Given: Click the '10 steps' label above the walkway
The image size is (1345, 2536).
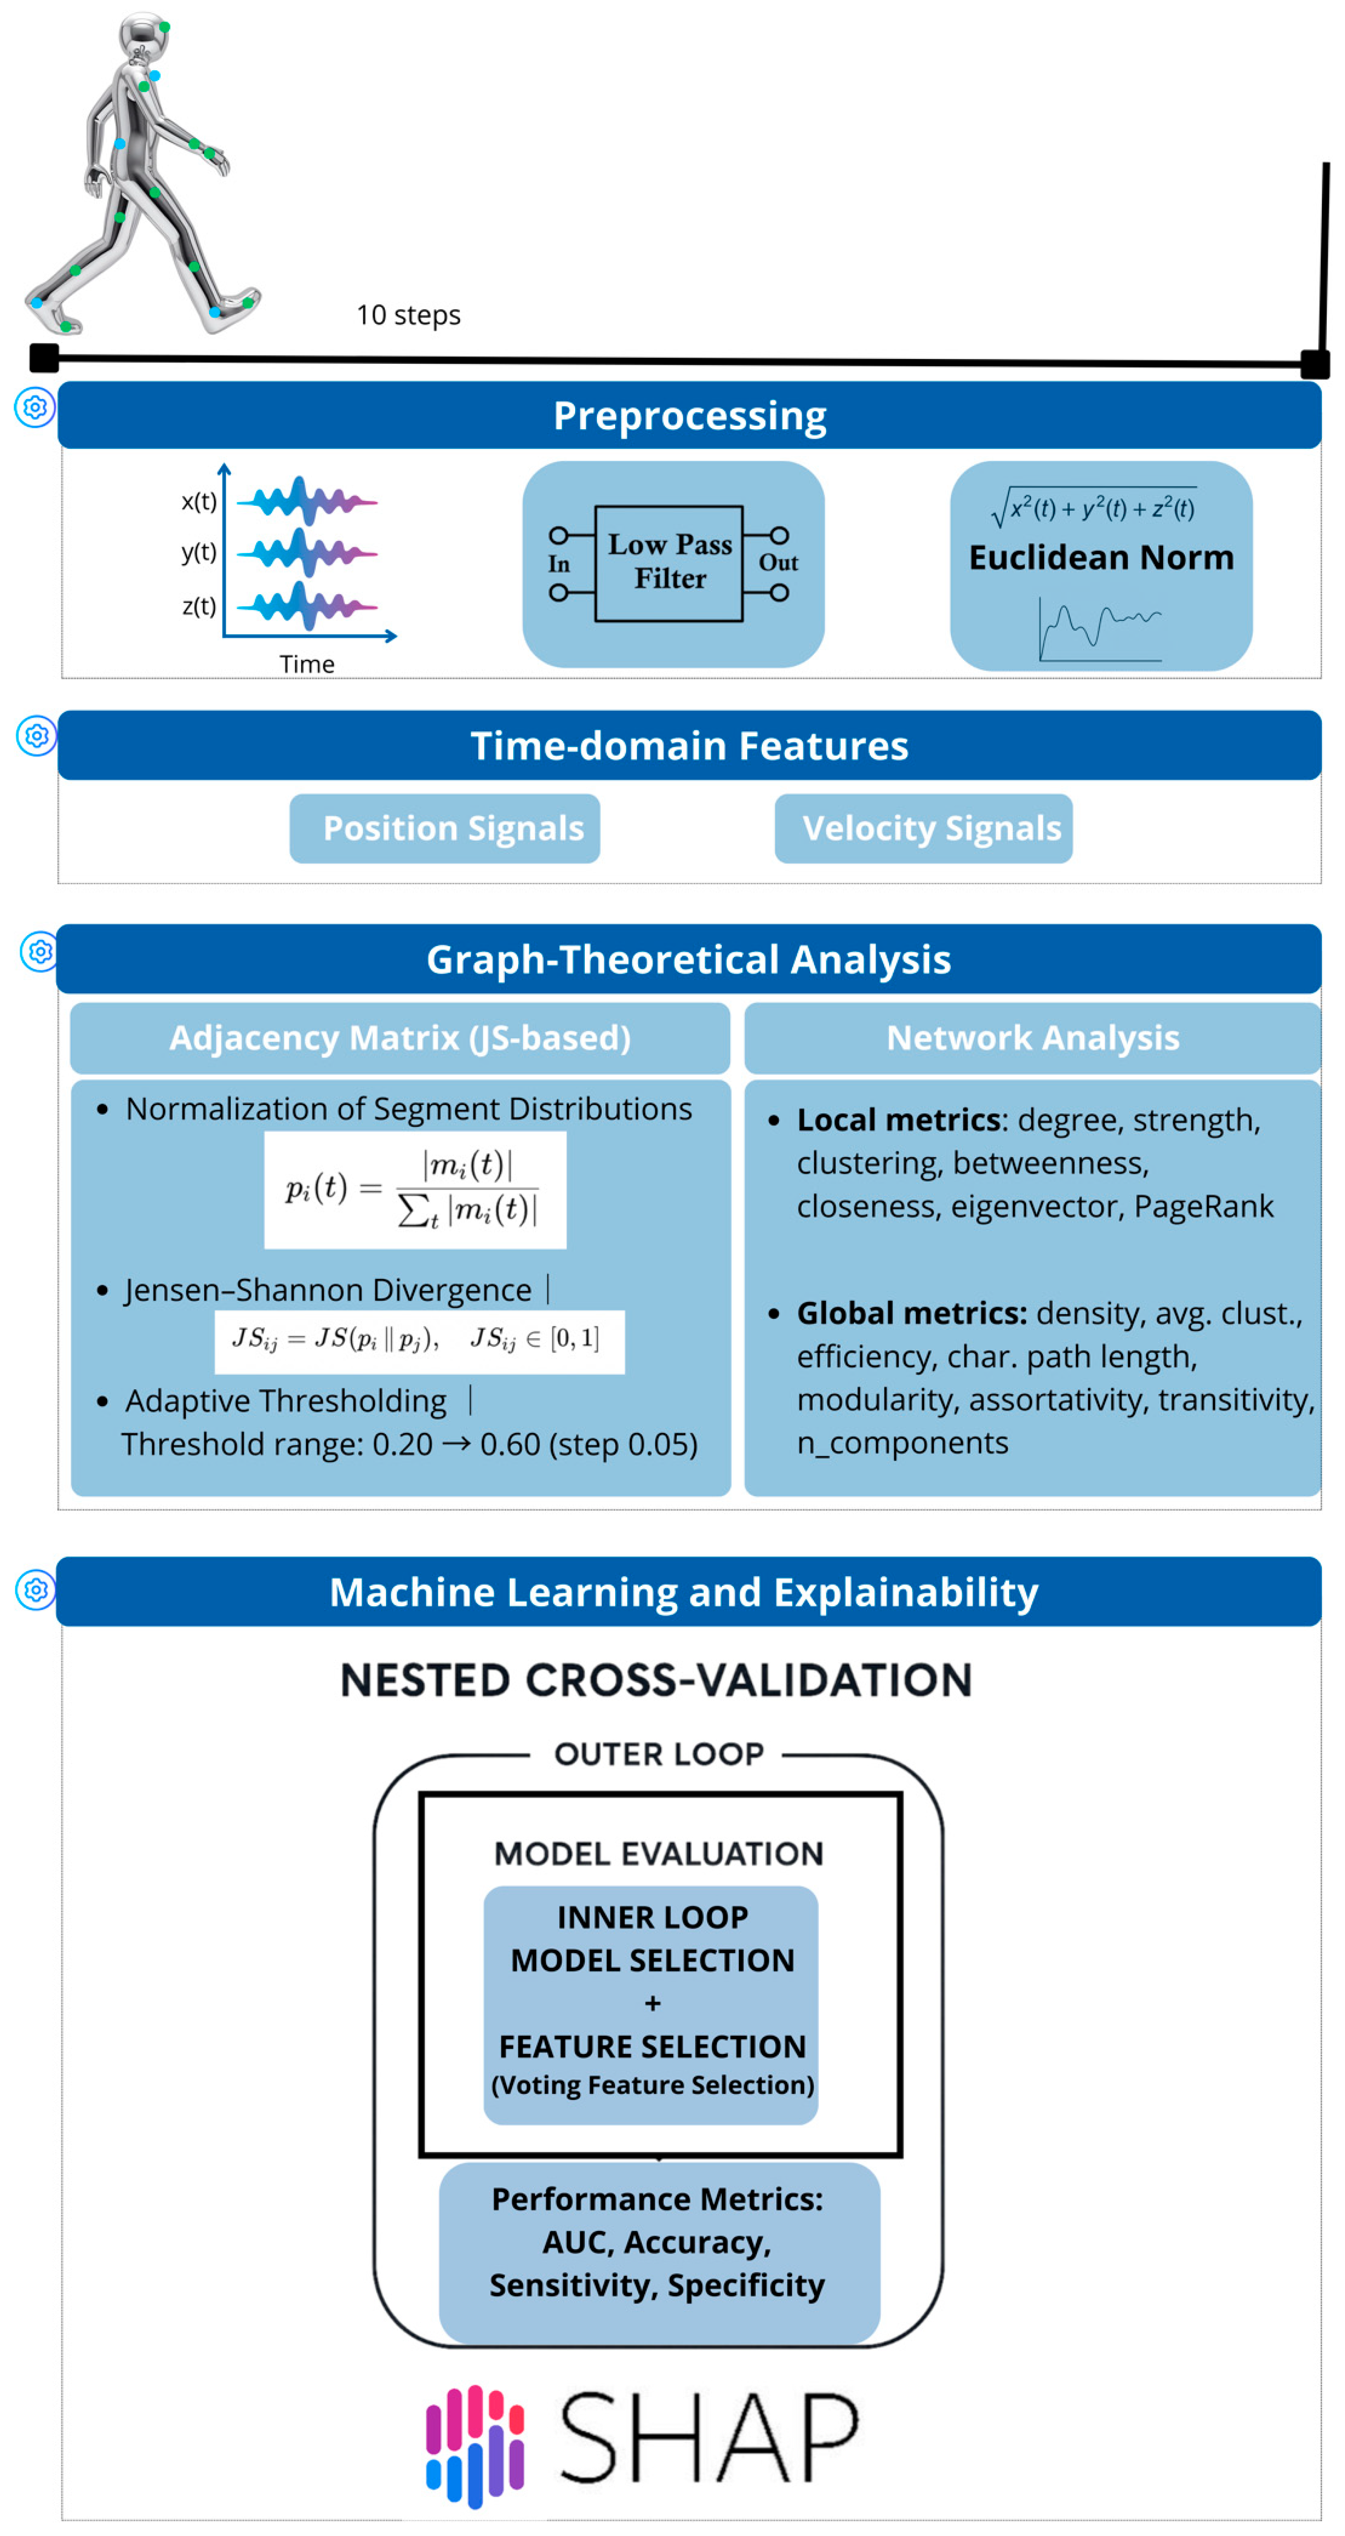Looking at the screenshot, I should tap(407, 315).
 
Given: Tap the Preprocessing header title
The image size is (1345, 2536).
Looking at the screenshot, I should tap(689, 415).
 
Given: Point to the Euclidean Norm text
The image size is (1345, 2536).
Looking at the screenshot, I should tap(1101, 557).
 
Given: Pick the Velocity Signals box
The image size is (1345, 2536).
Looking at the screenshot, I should tap(931, 828).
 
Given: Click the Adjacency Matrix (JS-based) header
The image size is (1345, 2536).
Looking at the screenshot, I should tap(400, 1038).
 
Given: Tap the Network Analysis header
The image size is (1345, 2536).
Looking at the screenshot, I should tap(1032, 1038).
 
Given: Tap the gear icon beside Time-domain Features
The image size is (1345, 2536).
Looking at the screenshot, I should tap(36, 735).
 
